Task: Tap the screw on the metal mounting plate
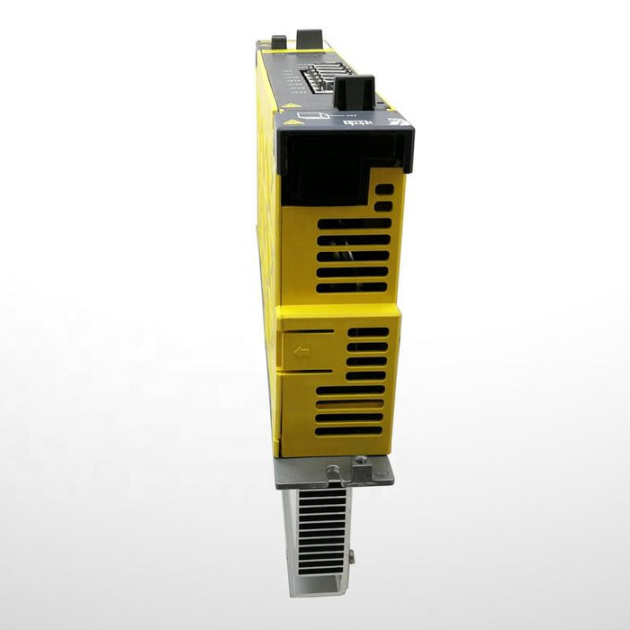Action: (x=361, y=461)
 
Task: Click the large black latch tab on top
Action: (x=354, y=91)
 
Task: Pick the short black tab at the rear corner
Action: (x=278, y=41)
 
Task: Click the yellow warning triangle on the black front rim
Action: (x=290, y=119)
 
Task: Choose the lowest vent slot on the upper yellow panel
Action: (x=351, y=287)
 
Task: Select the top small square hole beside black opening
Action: (x=383, y=190)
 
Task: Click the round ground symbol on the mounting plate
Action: (x=335, y=470)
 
